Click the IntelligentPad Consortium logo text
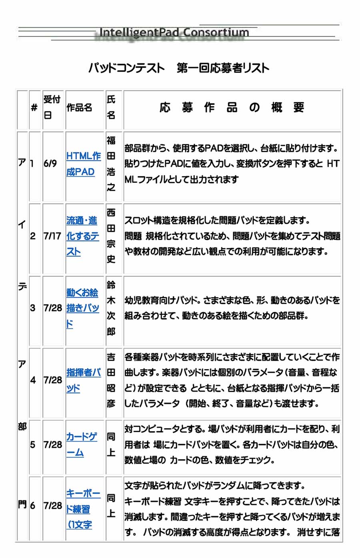click(x=174, y=32)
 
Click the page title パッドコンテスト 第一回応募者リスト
click(x=179, y=68)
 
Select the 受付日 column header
click(x=52, y=107)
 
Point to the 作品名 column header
click(x=79, y=108)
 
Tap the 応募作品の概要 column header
click(x=232, y=108)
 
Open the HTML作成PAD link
click(x=83, y=164)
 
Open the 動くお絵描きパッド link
click(x=82, y=308)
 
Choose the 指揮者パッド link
click(x=83, y=380)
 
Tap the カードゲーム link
click(x=81, y=444)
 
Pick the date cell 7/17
click(x=52, y=236)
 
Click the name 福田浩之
click(x=111, y=164)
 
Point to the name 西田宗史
click(x=111, y=236)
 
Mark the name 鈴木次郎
click(x=111, y=308)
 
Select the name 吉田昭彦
click(x=111, y=380)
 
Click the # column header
click(x=34, y=108)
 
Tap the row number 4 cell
click(x=33, y=380)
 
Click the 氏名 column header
click(x=111, y=107)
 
